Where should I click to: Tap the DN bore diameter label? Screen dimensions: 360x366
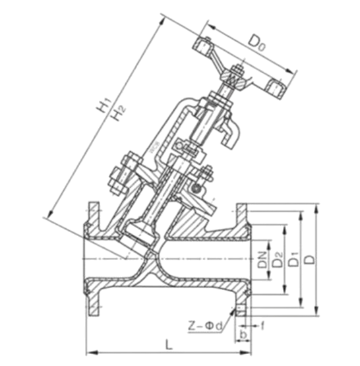(x=262, y=260)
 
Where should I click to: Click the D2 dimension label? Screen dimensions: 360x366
(x=278, y=260)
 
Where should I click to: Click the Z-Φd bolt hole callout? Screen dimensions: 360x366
(x=205, y=326)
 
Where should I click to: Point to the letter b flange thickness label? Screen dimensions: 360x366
(x=243, y=334)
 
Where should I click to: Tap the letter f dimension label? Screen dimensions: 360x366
(x=262, y=325)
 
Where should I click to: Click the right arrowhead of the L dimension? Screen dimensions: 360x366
(x=246, y=352)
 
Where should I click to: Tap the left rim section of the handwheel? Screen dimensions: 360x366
(x=202, y=46)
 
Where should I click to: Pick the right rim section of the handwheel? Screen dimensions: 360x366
(x=276, y=90)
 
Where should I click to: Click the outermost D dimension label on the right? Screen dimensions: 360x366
(x=310, y=260)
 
